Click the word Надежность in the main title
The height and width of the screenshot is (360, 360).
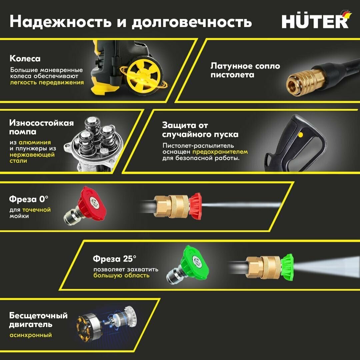tap(57, 22)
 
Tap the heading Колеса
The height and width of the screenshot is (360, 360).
tap(25, 59)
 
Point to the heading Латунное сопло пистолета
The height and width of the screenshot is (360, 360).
tap(245, 70)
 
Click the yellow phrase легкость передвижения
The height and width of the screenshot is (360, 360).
tap(47, 82)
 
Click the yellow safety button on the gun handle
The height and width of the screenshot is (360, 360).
tap(301, 135)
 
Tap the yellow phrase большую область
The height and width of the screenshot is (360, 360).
tap(121, 276)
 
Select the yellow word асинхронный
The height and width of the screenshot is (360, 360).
tap(31, 335)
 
